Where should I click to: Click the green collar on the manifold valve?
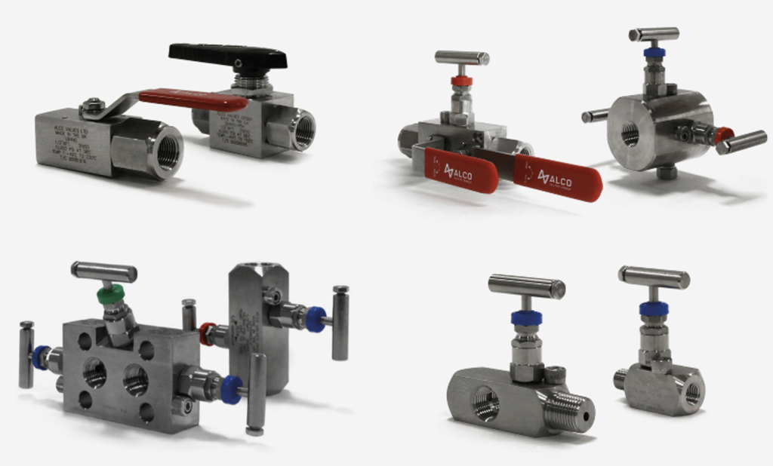point(111,295)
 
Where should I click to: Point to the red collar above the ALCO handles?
point(461,81)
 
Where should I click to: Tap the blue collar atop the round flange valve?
point(654,53)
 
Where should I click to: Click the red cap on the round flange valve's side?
point(724,136)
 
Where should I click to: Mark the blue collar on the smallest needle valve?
point(653,308)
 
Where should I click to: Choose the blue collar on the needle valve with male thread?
point(524,317)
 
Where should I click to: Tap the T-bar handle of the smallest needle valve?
point(654,277)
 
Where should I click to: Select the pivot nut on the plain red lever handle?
point(92,106)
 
